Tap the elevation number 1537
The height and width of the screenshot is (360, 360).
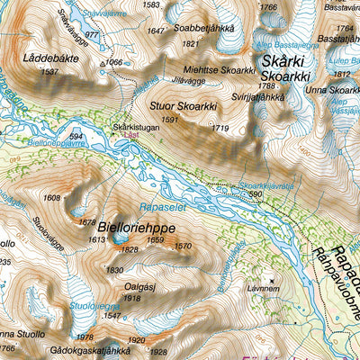point(49,70)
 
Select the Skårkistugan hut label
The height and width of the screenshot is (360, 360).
point(136,127)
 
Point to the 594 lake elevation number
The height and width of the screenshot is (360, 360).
point(76,137)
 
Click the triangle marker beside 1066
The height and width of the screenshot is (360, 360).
point(103,63)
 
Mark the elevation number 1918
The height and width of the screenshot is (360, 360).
point(133,298)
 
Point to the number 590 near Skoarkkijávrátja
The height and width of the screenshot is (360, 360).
point(256,194)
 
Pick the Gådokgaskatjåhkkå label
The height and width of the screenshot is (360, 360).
point(92,351)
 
